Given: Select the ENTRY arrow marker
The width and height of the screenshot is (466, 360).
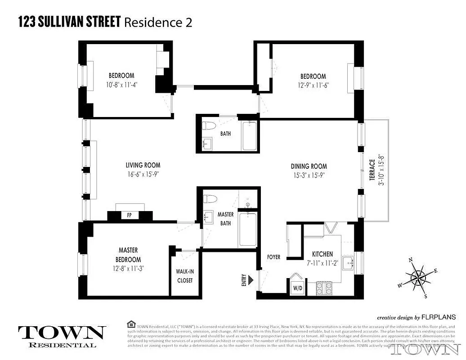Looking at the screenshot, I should (252, 281).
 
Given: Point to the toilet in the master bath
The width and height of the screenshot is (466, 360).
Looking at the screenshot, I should (210, 199).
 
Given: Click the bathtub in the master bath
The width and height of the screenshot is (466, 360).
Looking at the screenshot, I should (247, 229).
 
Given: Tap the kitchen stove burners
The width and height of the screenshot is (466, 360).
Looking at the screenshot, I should (325, 287).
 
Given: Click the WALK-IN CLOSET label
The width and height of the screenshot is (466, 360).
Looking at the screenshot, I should (184, 276).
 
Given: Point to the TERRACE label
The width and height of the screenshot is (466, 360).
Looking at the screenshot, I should (372, 170).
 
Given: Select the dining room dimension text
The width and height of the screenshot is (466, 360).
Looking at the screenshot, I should (309, 175).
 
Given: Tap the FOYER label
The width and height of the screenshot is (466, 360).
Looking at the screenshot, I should (273, 257).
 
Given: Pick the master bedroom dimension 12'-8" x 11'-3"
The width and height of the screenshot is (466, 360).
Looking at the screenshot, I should (128, 269).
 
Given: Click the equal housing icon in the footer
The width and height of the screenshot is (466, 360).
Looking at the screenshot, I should (131, 324).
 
